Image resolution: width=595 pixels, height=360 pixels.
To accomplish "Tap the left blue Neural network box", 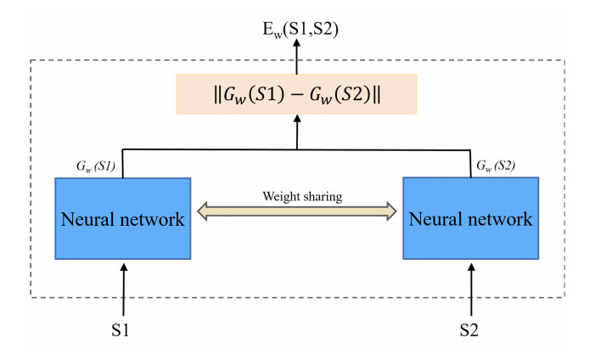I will point(122,219).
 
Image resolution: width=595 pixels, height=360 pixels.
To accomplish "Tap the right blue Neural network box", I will point(470,219).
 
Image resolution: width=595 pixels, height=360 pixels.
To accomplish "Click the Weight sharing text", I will point(295,196).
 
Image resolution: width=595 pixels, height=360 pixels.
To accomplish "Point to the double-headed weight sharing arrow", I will point(296,211).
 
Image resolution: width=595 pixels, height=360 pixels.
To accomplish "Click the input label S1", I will point(124,326).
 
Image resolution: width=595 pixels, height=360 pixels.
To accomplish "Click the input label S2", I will point(471,326).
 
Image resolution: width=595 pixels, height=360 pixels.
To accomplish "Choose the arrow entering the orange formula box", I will point(296,132).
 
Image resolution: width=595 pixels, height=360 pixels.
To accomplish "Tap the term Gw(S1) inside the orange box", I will point(251,93).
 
